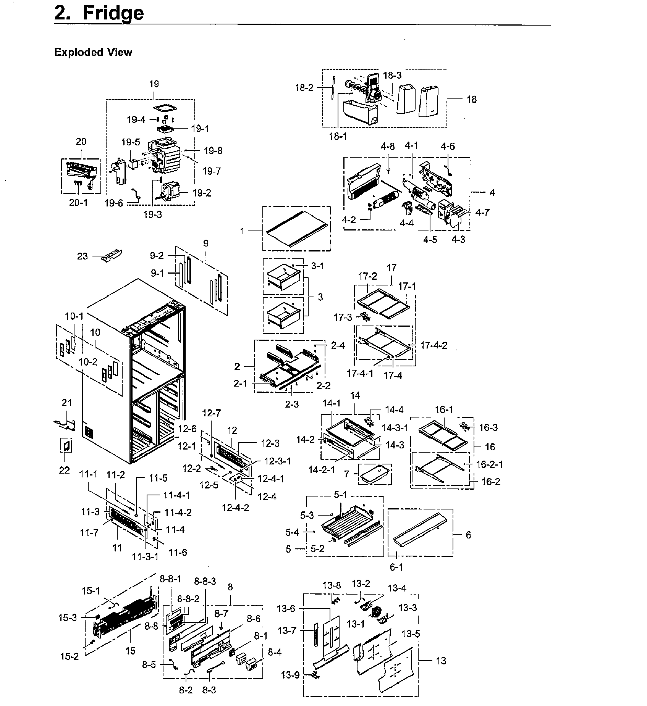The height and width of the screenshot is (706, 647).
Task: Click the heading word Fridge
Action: (x=113, y=13)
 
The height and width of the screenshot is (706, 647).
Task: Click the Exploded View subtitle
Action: (x=93, y=52)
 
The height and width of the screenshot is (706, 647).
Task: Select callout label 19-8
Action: (x=213, y=150)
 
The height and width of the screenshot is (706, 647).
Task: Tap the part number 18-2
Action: (x=304, y=88)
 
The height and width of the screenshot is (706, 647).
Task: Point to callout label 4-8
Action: (x=388, y=146)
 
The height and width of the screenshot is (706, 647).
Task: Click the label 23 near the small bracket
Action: (x=82, y=256)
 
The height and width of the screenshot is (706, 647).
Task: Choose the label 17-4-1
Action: (x=360, y=373)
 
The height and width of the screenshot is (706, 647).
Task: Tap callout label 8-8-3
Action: (x=205, y=581)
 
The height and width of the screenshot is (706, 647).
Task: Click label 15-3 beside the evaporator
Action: (x=68, y=617)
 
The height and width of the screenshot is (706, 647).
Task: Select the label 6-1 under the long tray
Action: (x=396, y=567)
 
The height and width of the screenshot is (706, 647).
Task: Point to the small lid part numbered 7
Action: (x=375, y=474)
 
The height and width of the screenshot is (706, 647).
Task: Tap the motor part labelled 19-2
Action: (x=168, y=192)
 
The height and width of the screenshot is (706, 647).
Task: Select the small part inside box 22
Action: (x=66, y=445)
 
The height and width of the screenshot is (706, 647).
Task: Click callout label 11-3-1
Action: (x=145, y=557)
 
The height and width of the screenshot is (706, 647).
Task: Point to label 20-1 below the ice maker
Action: (x=78, y=203)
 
